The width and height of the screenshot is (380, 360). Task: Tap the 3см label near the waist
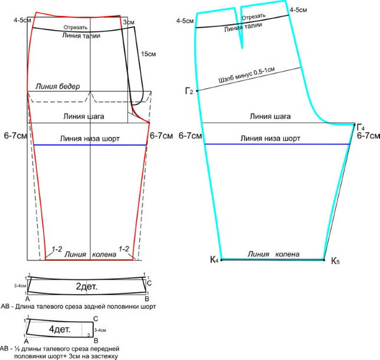(x=127, y=21)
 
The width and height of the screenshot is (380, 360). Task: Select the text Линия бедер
(x=62, y=87)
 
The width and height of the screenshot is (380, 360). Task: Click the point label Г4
(x=361, y=127)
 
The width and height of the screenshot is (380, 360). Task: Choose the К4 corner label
(x=214, y=260)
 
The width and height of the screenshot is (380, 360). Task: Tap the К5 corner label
(x=335, y=261)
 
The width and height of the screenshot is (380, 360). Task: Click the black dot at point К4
(x=221, y=260)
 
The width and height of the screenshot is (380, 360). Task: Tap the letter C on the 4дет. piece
(x=95, y=319)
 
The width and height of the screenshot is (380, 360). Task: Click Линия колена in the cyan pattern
(x=273, y=254)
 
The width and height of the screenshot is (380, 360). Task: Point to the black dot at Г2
(x=197, y=91)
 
